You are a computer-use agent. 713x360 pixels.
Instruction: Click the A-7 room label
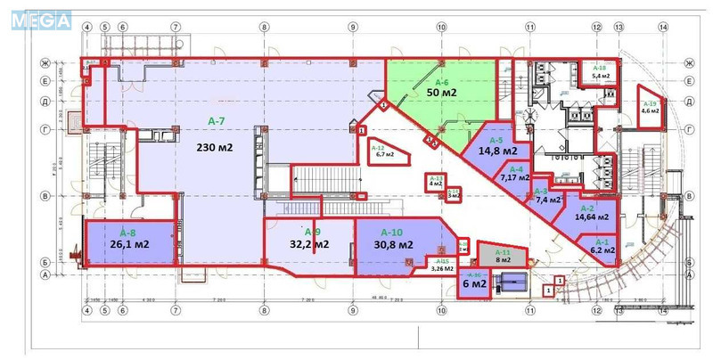tap(217, 121)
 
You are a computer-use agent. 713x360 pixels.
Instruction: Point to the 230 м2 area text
tap(215, 147)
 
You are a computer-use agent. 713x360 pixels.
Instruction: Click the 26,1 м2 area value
tap(129, 243)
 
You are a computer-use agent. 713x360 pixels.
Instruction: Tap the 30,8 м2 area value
tap(393, 244)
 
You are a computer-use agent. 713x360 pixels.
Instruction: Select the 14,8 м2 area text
tap(497, 151)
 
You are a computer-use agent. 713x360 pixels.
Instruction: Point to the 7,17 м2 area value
tap(515, 177)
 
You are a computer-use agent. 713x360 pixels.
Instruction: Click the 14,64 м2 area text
tap(592, 217)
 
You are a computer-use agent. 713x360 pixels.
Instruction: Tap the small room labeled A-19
tap(651, 106)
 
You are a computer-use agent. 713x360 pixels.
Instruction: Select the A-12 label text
tap(377, 148)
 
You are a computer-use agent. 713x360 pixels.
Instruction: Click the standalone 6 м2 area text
tap(473, 284)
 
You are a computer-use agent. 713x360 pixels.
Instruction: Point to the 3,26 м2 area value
tap(442, 267)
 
